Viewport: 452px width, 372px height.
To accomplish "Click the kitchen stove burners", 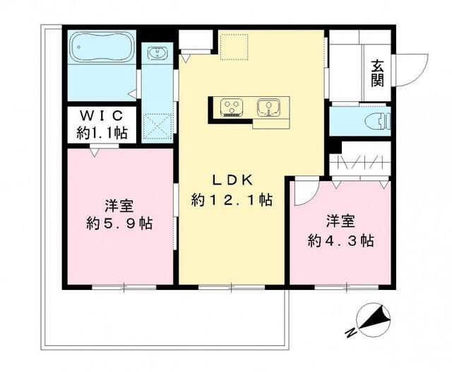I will (x=232, y=107).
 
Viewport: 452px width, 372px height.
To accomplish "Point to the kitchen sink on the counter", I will (x=267, y=107).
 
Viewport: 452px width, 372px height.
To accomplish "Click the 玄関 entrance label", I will (x=378, y=72).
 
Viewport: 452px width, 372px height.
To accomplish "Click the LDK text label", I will (x=230, y=180).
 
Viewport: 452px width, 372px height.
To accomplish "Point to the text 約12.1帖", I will (x=231, y=200).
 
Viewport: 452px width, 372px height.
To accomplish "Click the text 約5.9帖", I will (x=120, y=224).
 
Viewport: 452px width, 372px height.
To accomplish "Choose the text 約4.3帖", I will (x=341, y=240).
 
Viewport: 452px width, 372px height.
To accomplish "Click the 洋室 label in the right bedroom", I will (x=341, y=220).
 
